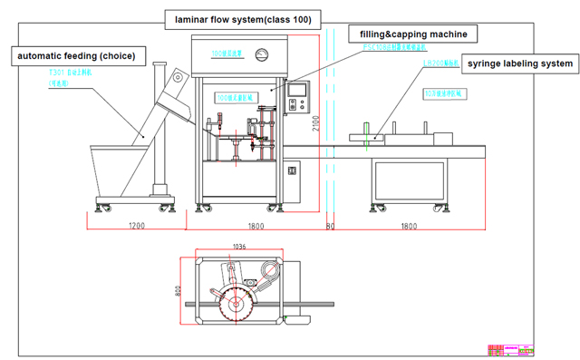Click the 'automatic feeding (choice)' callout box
pyautogui.click(x=75, y=56)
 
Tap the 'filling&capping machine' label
pyautogui.click(x=413, y=34)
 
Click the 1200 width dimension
pyautogui.click(x=137, y=226)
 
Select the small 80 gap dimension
pyautogui.click(x=330, y=226)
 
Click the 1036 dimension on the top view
pyautogui.click(x=239, y=247)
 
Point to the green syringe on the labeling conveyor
pyautogui.click(x=366, y=137)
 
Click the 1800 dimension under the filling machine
pyautogui.click(x=255, y=226)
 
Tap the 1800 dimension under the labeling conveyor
pyautogui.click(x=409, y=226)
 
